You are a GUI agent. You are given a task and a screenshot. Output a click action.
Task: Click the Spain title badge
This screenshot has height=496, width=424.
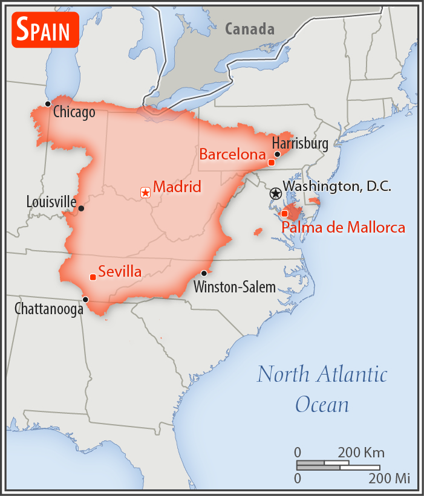coord(45,30)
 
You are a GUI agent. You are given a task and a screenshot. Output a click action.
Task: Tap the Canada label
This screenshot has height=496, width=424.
coord(250,28)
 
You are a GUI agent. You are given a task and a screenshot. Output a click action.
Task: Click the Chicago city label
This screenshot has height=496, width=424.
coord(74,112)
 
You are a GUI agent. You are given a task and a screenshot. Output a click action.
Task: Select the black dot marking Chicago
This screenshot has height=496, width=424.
coord(48,104)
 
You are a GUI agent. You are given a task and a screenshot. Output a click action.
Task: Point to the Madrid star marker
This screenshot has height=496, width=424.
coord(145,193)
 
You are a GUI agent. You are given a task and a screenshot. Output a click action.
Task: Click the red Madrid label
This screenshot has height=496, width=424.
coord(177,187)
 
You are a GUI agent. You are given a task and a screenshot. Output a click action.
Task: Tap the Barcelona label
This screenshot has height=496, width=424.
coord(232,155)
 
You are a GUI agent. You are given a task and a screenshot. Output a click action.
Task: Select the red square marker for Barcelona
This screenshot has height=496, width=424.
coord(272,163)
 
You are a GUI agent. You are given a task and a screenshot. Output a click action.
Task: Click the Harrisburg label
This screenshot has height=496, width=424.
coord(300,143)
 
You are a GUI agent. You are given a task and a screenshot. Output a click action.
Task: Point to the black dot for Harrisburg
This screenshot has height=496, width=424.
coord(278,154)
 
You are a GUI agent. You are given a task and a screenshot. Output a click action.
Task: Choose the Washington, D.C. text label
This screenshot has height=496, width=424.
coord(337,187)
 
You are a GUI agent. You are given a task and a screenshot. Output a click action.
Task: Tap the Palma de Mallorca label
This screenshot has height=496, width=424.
coord(344,228)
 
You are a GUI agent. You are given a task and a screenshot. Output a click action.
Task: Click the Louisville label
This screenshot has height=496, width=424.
coord(51,202)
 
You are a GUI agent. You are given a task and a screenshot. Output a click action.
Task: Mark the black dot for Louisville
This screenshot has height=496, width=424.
coord(82,208)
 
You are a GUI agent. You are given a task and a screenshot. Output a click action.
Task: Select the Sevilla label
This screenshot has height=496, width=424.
coord(120,272)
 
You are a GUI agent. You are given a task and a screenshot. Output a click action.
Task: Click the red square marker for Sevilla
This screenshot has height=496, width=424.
coord(93,277)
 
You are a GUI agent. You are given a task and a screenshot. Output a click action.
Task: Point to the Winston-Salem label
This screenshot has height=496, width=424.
coord(235,287)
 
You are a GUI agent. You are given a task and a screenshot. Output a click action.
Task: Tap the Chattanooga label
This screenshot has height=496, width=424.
coord(49,309)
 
